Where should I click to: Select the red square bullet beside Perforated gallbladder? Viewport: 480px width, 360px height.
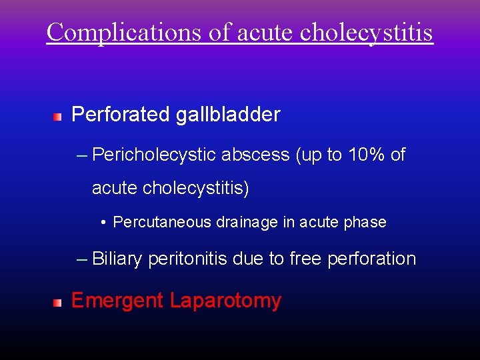[x=58, y=117]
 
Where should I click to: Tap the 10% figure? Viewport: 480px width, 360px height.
[x=366, y=155]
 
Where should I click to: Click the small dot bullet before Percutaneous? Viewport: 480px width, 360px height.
[x=105, y=223]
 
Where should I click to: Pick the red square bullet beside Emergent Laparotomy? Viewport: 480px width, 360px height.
[x=58, y=303]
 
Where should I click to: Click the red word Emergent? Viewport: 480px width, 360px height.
[x=117, y=301]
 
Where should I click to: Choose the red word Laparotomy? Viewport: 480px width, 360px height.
[x=225, y=301]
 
